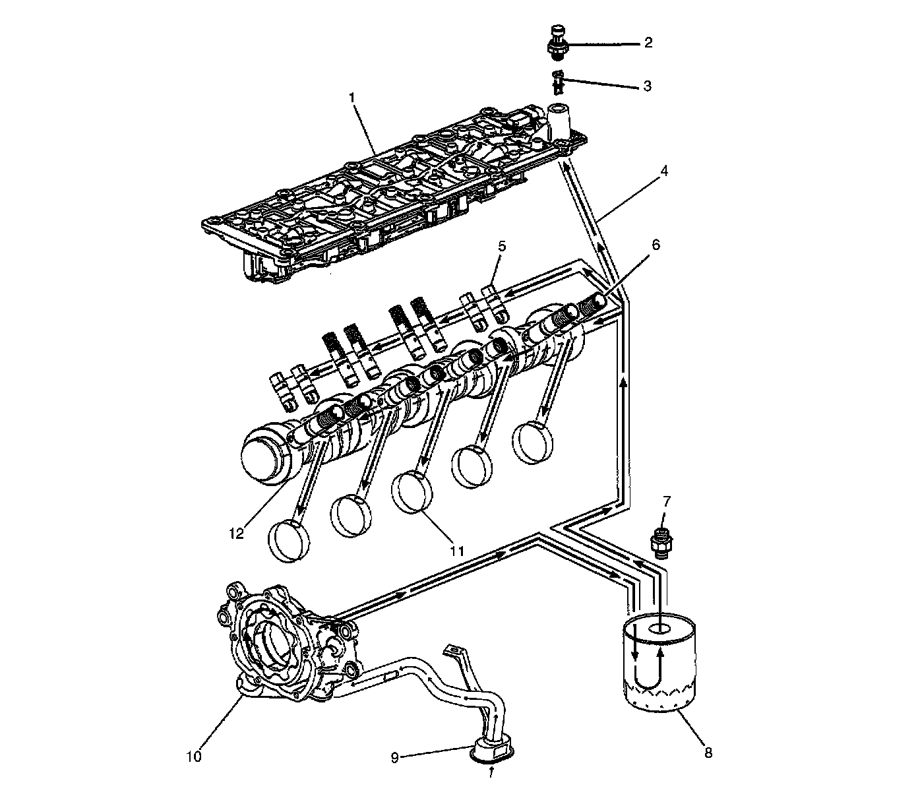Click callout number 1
(352, 98)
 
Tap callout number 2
(648, 44)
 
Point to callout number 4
(664, 171)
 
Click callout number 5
(502, 246)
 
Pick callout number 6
(656, 245)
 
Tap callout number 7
(666, 500)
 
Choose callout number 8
(708, 753)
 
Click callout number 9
(395, 758)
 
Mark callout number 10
(193, 756)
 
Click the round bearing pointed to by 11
(414, 491)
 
